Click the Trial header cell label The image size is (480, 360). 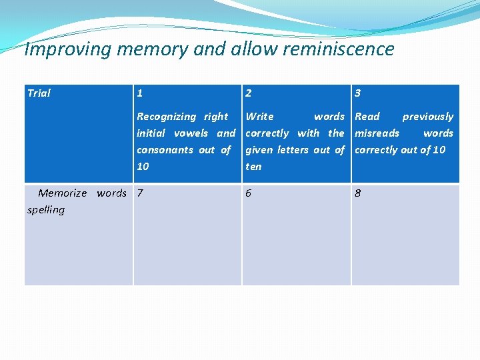pyautogui.click(x=39, y=93)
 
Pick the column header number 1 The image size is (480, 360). pyautogui.click(x=139, y=93)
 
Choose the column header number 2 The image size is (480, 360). pyautogui.click(x=249, y=93)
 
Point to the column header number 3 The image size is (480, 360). pyautogui.click(x=358, y=93)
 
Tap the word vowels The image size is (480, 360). pyautogui.click(x=191, y=133)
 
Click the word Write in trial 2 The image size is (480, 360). pyautogui.click(x=259, y=117)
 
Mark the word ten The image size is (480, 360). pyautogui.click(x=253, y=167)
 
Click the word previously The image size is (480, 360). pyautogui.click(x=427, y=117)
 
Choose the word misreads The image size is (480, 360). pyautogui.click(x=377, y=133)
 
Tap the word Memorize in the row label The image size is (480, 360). pyautogui.click(x=63, y=193)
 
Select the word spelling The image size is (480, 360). pyautogui.click(x=46, y=210)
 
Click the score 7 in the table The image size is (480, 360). pyautogui.click(x=139, y=193)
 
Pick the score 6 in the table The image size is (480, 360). pyautogui.click(x=249, y=193)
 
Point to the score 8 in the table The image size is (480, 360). pyautogui.click(x=358, y=193)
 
